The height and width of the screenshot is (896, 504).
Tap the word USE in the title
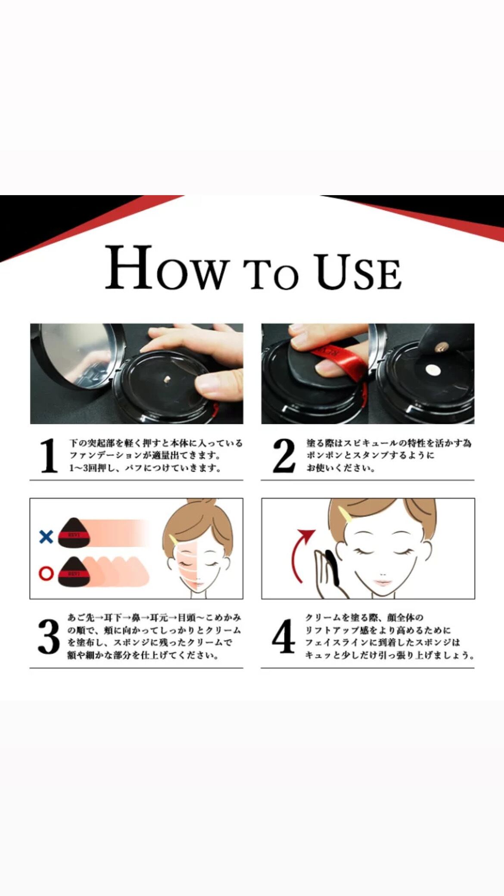tap(359, 271)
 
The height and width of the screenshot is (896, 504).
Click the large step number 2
tap(284, 455)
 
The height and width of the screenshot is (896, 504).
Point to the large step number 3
tap(48, 637)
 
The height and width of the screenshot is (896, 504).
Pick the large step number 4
tap(284, 636)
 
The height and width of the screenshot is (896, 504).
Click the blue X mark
tap(46, 537)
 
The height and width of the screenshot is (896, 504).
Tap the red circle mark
tap(46, 573)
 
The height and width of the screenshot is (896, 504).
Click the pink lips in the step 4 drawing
tap(382, 582)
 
